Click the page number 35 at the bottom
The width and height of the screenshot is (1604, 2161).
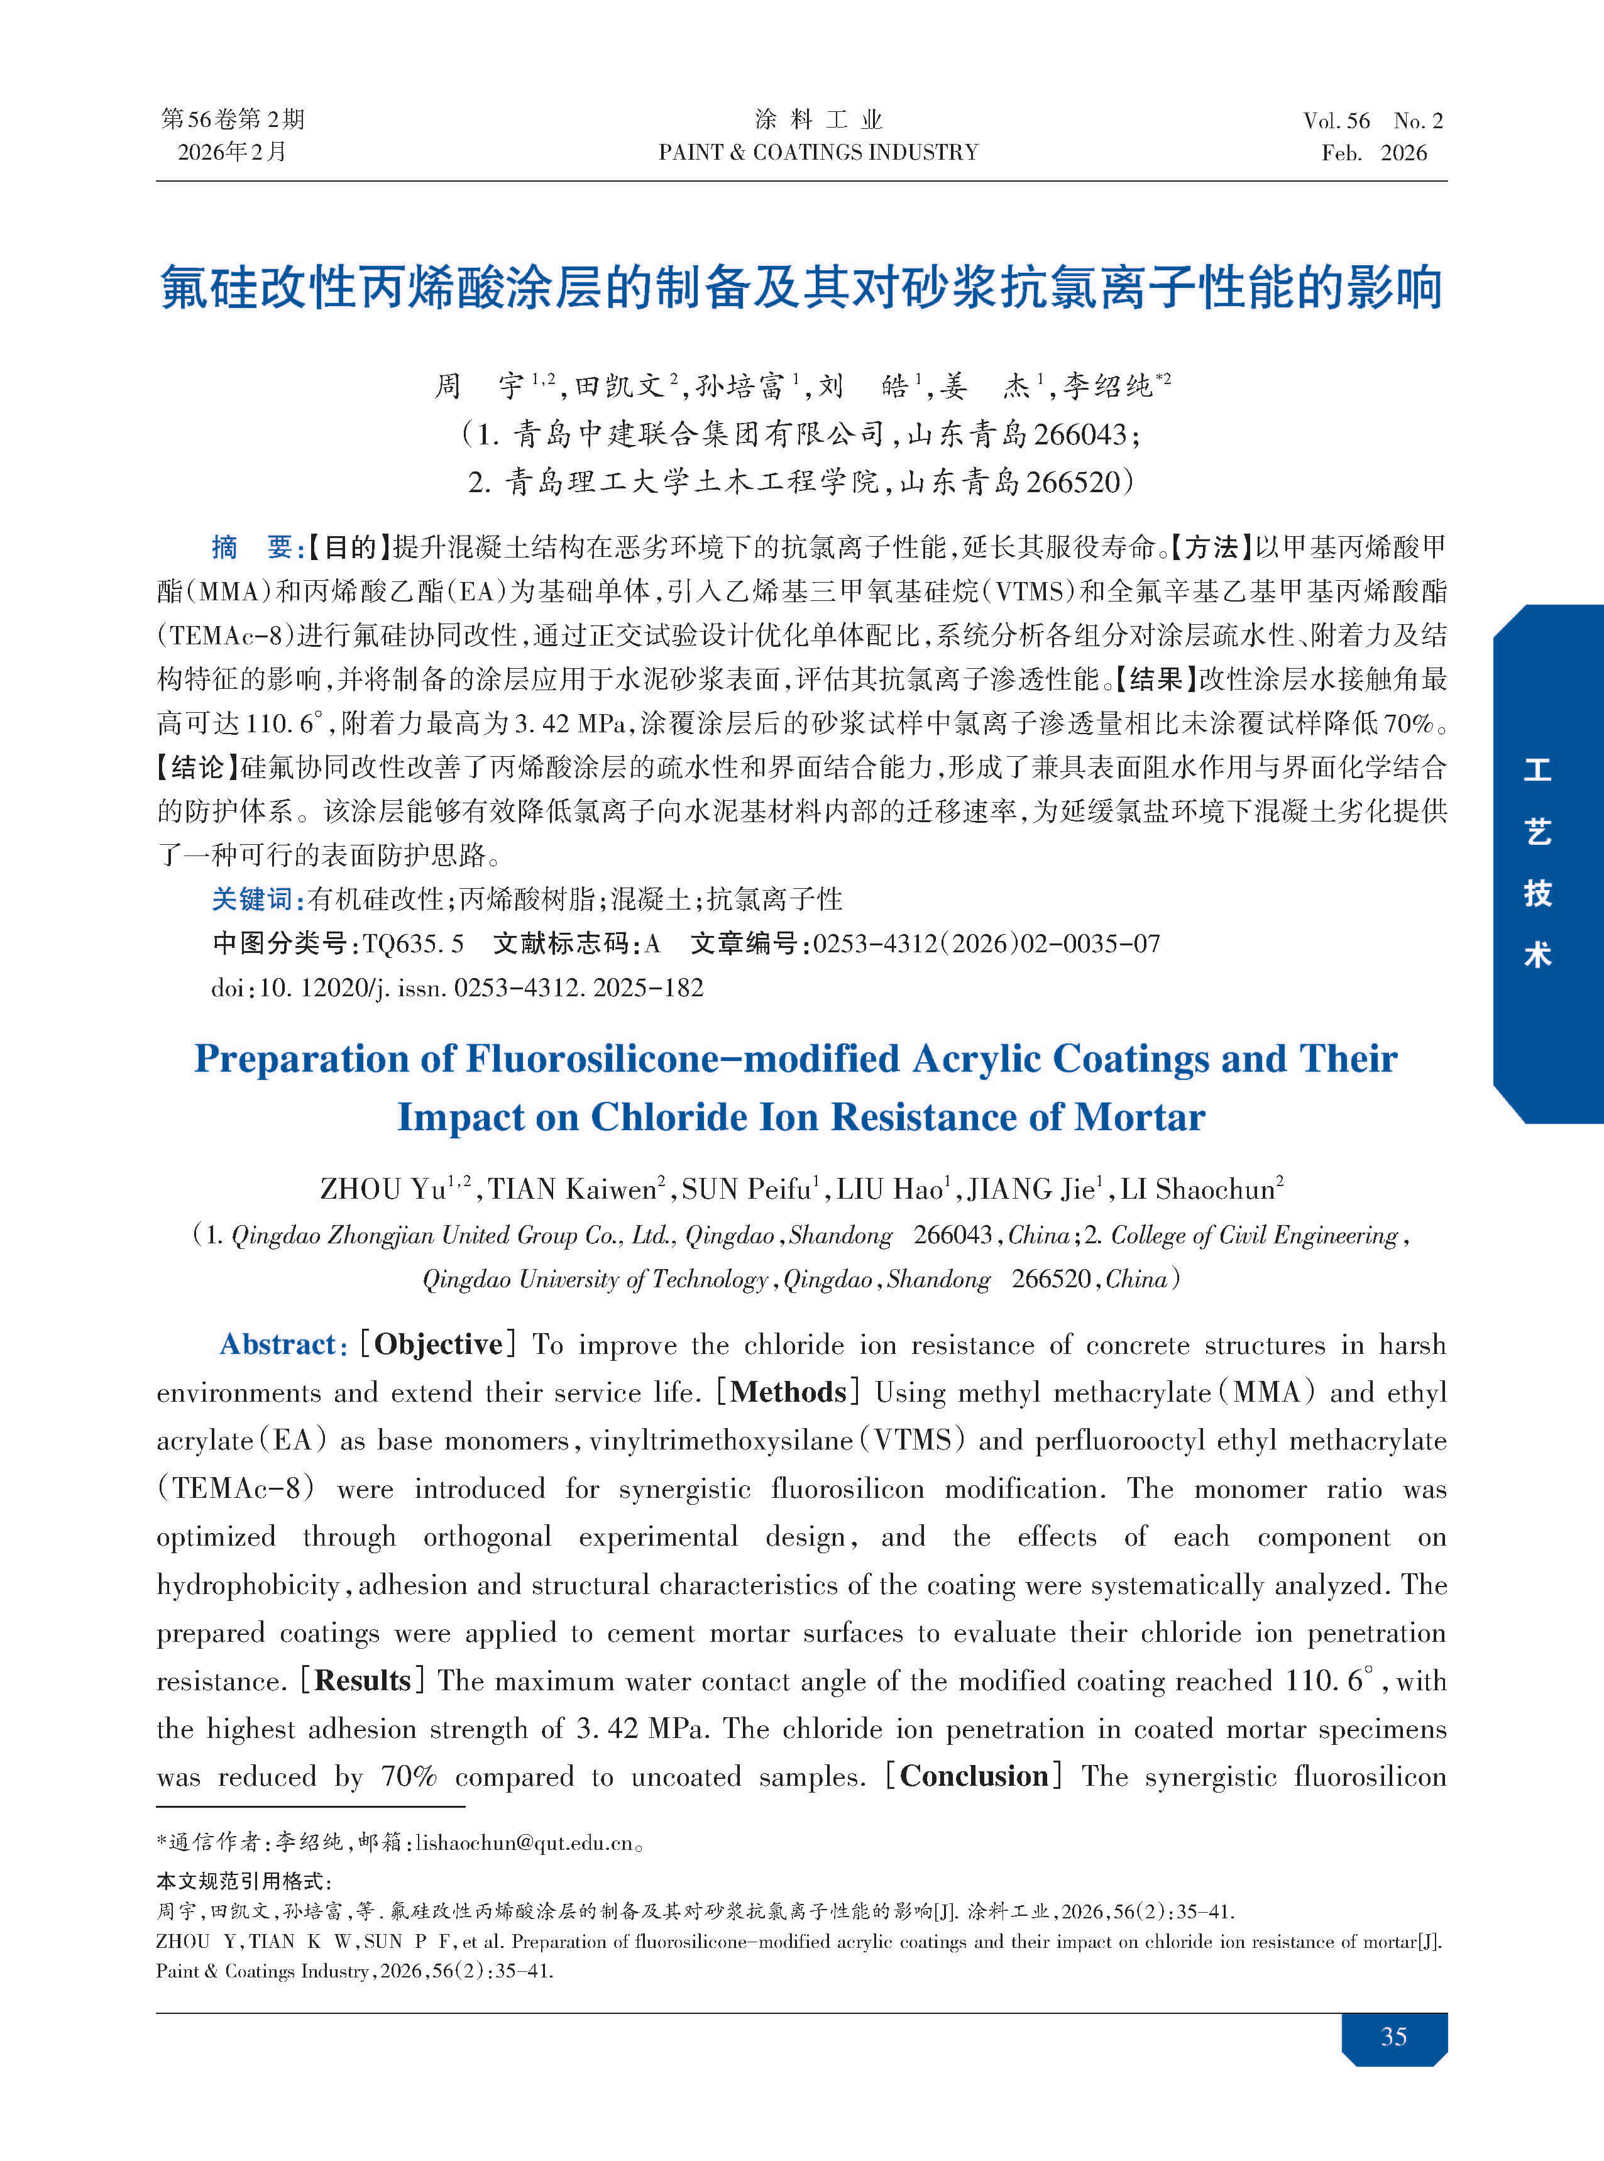(1393, 2036)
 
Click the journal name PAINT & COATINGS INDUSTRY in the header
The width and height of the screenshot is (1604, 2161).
(818, 152)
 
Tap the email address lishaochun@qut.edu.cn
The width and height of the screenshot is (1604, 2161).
(524, 1842)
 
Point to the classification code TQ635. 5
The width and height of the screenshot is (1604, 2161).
(414, 943)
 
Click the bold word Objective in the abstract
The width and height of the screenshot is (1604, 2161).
(438, 1344)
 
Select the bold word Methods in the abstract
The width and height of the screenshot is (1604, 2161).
(788, 1392)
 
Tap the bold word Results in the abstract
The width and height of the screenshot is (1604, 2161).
(363, 1680)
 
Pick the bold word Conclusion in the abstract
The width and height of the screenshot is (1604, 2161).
(974, 1776)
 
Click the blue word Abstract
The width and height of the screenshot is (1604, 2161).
(278, 1344)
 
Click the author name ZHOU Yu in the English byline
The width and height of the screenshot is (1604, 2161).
(383, 1189)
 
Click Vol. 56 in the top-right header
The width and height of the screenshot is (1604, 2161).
(1336, 121)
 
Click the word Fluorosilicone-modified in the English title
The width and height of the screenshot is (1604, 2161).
(683, 1059)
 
